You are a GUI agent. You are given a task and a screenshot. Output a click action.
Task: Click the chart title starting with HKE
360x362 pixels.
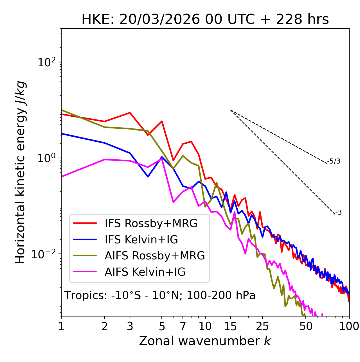click(x=205, y=20)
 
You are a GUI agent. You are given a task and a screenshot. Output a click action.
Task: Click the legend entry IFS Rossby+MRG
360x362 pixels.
click(x=151, y=223)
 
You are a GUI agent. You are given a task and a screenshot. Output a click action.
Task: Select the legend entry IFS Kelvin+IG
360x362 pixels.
click(x=141, y=240)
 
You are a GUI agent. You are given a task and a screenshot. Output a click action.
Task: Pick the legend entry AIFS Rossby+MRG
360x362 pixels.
click(x=155, y=256)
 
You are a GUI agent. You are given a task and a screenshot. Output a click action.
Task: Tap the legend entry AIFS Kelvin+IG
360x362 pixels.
click(x=145, y=272)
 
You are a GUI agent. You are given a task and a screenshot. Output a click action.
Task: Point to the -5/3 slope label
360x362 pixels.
click(x=334, y=161)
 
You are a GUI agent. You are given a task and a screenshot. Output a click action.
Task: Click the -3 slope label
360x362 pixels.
click(x=338, y=213)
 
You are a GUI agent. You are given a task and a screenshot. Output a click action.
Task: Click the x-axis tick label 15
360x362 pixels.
click(x=231, y=326)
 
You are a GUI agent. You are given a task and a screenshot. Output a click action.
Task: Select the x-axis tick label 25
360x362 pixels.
click(x=262, y=326)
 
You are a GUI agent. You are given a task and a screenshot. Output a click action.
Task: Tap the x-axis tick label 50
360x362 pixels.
click(x=306, y=326)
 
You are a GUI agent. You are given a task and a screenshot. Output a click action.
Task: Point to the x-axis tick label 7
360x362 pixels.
click(x=183, y=326)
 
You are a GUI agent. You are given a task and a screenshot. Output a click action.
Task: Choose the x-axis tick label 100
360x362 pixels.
click(x=349, y=326)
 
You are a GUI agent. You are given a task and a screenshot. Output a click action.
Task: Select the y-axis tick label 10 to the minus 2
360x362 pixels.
click(x=45, y=254)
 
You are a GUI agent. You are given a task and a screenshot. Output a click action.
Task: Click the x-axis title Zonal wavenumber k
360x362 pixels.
click(x=205, y=341)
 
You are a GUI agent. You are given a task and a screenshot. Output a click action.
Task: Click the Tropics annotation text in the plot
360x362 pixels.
click(x=160, y=296)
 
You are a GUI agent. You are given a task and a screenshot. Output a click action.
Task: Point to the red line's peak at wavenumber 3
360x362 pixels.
click(x=130, y=113)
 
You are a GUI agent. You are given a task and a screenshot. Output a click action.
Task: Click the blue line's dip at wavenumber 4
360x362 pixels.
click(x=148, y=177)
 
